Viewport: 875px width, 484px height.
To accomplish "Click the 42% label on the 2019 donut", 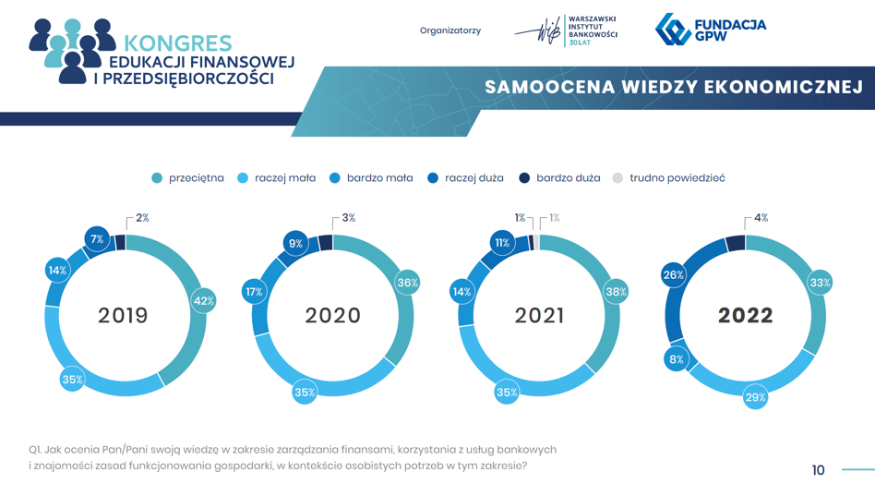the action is point(204,301).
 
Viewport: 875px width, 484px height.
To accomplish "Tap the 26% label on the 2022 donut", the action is point(674,274).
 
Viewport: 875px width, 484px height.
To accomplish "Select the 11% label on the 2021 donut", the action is point(502,243).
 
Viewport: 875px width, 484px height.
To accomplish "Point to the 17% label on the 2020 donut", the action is point(254,292).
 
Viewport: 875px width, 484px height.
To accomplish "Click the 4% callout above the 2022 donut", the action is point(761,218).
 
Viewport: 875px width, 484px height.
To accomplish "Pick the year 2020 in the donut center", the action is point(332,315).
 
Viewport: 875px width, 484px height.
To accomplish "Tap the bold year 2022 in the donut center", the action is point(746,315).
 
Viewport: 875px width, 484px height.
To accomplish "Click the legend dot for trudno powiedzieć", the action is point(617,178).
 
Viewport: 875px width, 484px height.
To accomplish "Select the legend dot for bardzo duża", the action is point(524,178).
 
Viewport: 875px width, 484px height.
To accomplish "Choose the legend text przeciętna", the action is point(197,178).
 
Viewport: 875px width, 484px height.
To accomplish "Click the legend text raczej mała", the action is point(285,178).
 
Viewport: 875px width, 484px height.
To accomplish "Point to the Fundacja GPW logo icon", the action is point(673,29).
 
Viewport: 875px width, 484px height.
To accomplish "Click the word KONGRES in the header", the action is point(177,43).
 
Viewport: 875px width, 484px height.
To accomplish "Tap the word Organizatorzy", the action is point(450,30).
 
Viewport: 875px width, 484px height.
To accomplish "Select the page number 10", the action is point(818,470).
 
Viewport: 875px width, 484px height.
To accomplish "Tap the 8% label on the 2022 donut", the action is point(677,359).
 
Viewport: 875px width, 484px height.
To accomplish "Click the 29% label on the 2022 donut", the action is point(756,397).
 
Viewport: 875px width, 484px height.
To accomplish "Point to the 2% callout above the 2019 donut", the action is point(142,218).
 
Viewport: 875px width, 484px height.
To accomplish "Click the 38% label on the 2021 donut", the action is point(616,292).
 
